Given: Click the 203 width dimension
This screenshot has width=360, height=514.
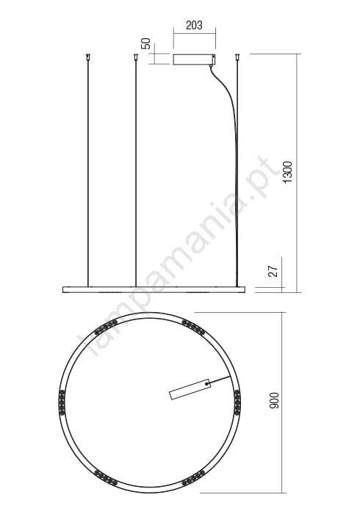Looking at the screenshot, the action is (x=194, y=25).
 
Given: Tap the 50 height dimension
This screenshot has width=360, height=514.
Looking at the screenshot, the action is (x=145, y=43).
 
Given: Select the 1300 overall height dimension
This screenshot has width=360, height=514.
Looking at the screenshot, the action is (x=287, y=173).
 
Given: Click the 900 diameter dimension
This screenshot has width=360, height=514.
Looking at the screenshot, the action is (x=274, y=400).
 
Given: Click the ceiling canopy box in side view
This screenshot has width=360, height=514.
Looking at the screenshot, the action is (x=194, y=59).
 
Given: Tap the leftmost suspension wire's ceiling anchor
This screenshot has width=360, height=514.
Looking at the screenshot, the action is (x=87, y=57).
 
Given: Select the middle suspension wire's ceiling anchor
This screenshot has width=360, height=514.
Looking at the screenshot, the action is (x=135, y=57).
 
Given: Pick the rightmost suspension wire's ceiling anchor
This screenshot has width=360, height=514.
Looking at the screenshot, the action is (x=237, y=57).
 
